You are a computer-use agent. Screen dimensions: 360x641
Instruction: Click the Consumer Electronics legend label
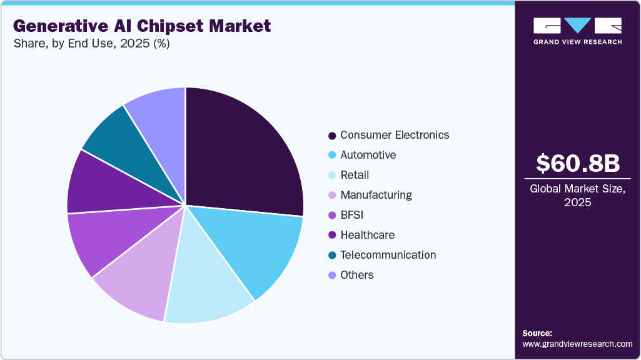coord(395,135)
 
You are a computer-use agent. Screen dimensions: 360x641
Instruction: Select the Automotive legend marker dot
coord(332,156)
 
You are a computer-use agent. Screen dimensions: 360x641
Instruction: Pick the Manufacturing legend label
coord(376,195)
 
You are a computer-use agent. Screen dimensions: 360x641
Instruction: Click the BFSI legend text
coord(352,215)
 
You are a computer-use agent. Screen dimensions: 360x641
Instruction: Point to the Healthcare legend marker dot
coord(332,236)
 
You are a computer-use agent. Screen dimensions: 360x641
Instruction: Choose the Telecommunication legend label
coord(388,255)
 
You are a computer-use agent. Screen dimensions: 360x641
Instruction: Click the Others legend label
coord(356,275)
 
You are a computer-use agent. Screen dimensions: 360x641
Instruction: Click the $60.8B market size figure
coord(578,163)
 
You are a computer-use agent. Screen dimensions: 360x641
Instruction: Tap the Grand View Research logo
coord(577,31)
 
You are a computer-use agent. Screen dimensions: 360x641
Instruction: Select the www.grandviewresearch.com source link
coord(577,344)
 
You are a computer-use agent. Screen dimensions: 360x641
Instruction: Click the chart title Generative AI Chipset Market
coord(142,26)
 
